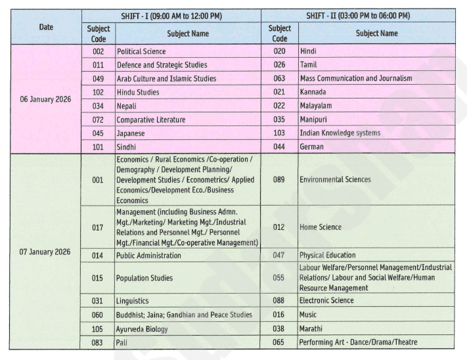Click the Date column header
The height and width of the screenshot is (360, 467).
46,27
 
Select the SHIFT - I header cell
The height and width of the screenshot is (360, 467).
171,15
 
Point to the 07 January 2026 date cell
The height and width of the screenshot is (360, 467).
46,251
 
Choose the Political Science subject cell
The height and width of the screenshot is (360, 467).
141,51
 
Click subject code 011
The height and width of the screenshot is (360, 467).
98,64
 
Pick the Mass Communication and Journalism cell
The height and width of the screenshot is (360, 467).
356,78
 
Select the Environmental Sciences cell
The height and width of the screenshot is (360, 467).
335,179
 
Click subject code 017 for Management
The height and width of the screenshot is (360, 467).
98,227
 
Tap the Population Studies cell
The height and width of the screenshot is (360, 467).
145,278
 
